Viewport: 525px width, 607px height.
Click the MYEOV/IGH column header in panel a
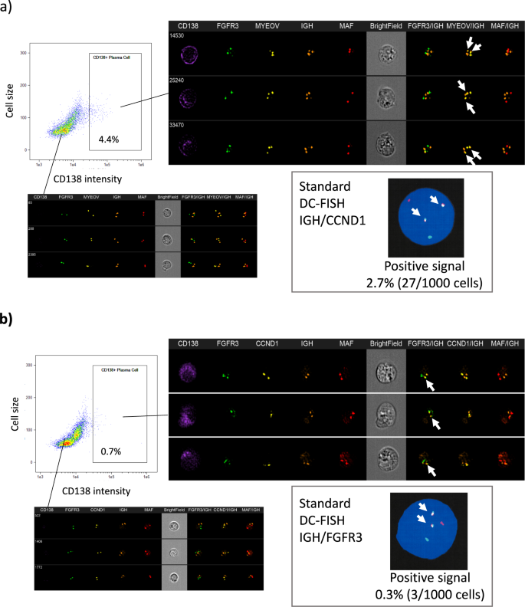coord(468,27)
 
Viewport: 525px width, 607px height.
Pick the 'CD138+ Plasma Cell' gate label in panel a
coord(107,58)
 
